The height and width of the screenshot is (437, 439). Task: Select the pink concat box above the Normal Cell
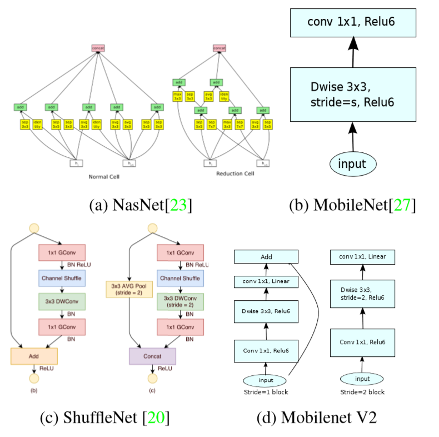pyautogui.click(x=98, y=48)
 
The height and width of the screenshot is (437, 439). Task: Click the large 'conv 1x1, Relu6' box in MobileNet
pyautogui.click(x=353, y=23)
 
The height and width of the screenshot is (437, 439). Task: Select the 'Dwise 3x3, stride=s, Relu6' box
pyautogui.click(x=353, y=95)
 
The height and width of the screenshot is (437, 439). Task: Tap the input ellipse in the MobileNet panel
pyautogui.click(x=353, y=163)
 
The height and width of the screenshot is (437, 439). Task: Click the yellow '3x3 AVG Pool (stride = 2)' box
pyautogui.click(x=129, y=289)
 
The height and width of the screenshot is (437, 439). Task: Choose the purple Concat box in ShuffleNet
pyautogui.click(x=152, y=356)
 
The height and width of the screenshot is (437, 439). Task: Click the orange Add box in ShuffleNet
pyautogui.click(x=34, y=356)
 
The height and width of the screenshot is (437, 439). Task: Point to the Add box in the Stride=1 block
pyautogui.click(x=266, y=256)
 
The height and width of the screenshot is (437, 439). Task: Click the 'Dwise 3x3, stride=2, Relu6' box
pyautogui.click(x=362, y=294)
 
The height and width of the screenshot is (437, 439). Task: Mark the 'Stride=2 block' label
pyautogui.click(x=362, y=392)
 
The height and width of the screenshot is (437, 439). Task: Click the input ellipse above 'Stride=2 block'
pyautogui.click(x=362, y=379)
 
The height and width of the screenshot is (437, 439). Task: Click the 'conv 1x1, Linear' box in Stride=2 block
pyautogui.click(x=362, y=256)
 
